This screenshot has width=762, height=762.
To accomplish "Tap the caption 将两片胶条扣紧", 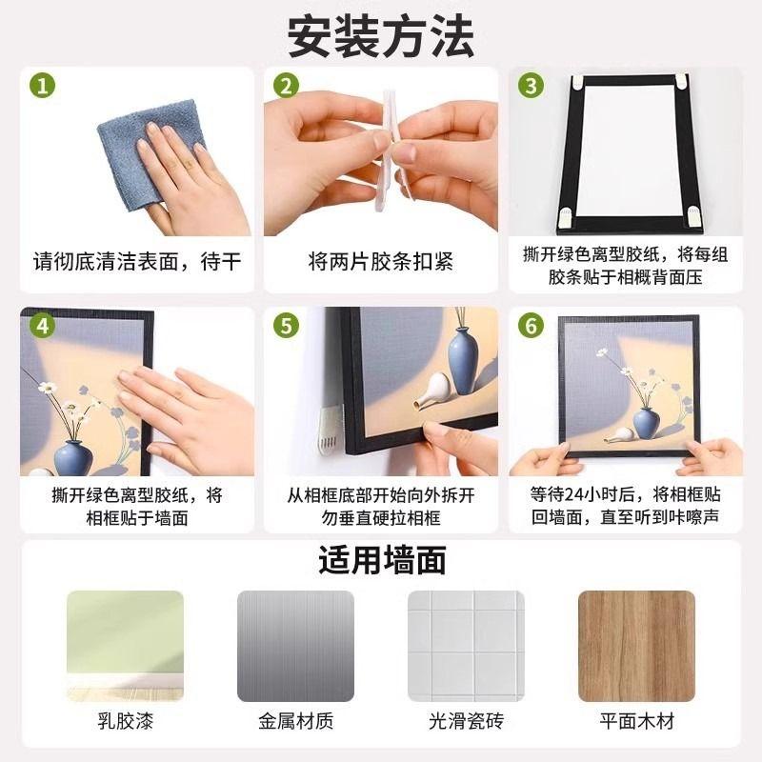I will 378,260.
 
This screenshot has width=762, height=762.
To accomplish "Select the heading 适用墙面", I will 381,560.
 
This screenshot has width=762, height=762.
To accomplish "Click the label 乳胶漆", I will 125,721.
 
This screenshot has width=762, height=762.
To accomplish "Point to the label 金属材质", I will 295,721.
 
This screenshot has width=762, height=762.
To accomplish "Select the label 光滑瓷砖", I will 466,721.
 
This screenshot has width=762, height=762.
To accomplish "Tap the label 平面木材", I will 636,721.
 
